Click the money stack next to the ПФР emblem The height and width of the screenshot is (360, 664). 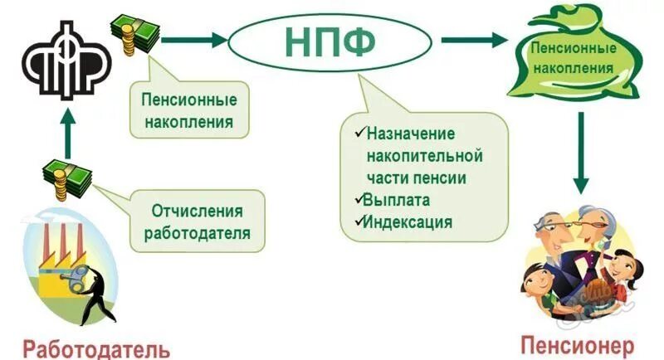134,32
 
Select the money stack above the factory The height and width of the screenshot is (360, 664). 66,176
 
